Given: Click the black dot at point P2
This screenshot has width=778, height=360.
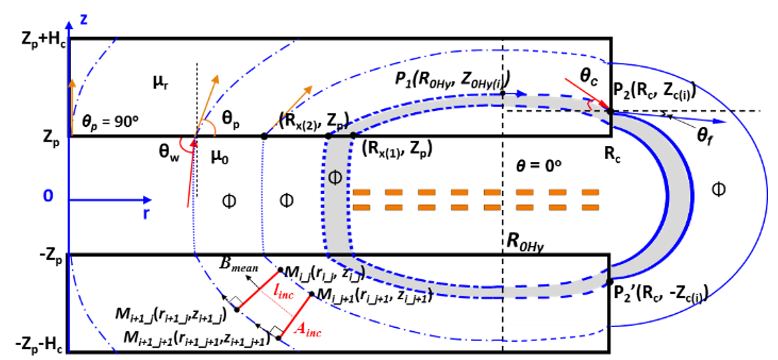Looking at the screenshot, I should [x=610, y=111].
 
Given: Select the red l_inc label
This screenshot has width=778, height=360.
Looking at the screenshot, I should [x=283, y=290].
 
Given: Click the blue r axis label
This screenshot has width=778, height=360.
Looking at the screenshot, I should [x=146, y=214].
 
